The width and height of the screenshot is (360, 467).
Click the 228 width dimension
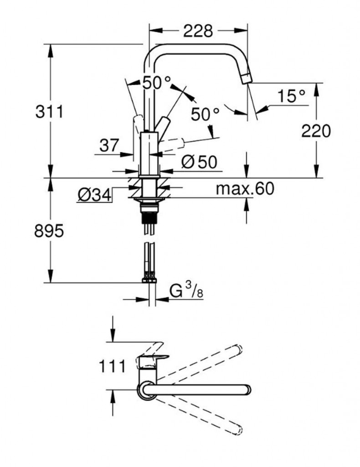click(198, 31)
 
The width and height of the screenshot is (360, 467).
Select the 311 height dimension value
click(49, 112)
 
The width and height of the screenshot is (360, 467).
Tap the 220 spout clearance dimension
click(316, 131)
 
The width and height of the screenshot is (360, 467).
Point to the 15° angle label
click(292, 96)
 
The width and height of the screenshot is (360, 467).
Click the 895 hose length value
click(49, 231)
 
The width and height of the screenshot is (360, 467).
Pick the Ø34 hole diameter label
click(94, 195)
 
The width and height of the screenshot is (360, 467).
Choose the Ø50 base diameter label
click(199, 162)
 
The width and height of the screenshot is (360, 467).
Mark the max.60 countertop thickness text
click(245, 188)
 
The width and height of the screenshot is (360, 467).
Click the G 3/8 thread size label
click(186, 291)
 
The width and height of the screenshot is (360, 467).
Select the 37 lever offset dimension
click(109, 145)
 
